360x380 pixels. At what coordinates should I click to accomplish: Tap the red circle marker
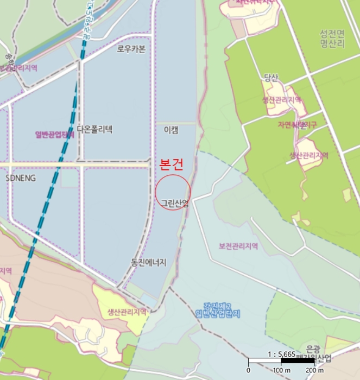tap(173, 192)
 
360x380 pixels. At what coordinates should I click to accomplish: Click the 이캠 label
tap(170, 130)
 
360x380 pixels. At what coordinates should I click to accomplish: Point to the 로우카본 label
tap(131, 49)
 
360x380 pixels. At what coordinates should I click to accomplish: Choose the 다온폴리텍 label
tap(94, 129)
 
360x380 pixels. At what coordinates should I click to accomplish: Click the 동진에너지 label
tap(148, 262)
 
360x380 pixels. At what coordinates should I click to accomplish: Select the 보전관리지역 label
tap(238, 246)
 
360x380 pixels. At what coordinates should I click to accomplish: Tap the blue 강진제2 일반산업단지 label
tap(217, 309)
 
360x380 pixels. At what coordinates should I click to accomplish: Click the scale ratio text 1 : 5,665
tap(281, 353)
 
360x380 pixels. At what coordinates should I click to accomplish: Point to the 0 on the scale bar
tap(248, 370)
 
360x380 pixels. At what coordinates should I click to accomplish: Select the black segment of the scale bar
tap(297, 361)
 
